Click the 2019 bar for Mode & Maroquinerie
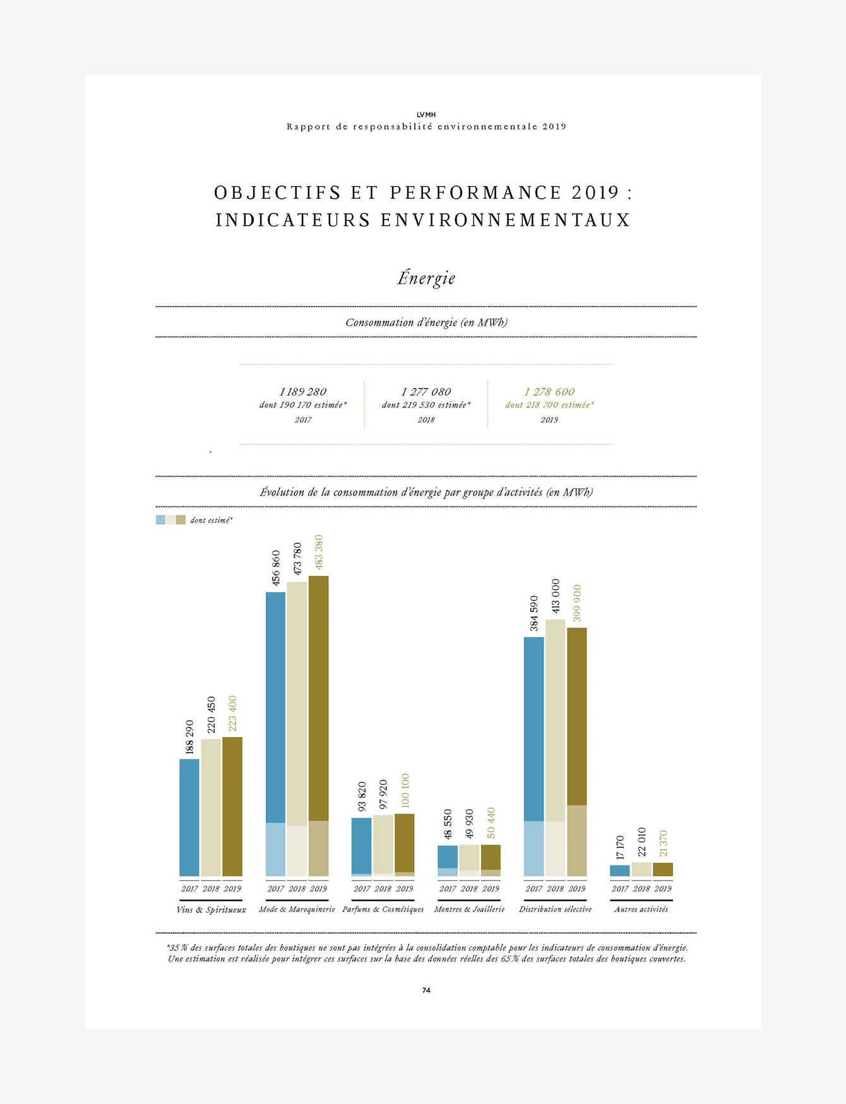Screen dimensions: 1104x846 tap(318, 725)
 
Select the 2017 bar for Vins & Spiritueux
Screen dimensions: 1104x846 tap(189, 817)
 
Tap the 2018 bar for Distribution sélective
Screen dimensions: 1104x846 tap(555, 748)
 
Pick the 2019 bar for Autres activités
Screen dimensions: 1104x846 tap(662, 869)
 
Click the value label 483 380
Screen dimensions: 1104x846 tap(319, 552)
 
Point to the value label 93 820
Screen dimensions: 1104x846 tap(362, 797)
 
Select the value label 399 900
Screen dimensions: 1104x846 tap(577, 603)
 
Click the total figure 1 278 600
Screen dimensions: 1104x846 tap(549, 392)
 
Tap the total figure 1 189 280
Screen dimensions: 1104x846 tap(303, 392)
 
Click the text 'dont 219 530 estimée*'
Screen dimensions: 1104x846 tap(426, 405)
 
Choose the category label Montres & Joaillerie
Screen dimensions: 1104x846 tap(469, 909)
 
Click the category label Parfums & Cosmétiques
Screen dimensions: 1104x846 tap(383, 909)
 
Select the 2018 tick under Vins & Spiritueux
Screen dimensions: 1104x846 tap(211, 888)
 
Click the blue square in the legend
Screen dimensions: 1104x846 tap(160, 520)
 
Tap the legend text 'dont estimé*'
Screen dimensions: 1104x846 tap(211, 520)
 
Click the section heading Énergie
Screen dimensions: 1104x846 tap(426, 278)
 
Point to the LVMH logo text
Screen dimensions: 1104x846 tap(426, 115)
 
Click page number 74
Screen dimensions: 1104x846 tap(426, 990)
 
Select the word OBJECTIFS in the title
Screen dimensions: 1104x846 tap(278, 192)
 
